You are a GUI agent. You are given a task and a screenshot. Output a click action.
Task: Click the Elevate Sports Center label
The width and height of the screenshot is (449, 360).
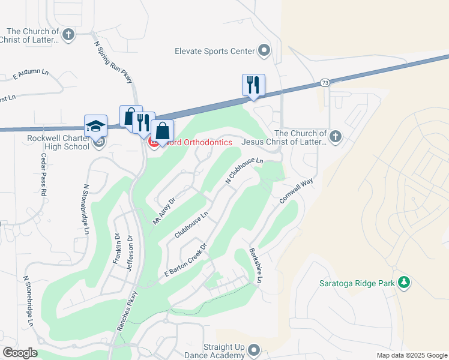(215, 51)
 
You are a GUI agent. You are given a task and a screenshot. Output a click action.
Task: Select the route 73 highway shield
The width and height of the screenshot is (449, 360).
(324, 82)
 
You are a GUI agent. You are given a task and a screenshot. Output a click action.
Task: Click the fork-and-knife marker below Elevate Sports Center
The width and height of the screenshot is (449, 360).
(253, 85)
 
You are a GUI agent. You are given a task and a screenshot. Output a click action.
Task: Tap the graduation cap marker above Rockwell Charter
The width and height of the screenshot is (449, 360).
(95, 125)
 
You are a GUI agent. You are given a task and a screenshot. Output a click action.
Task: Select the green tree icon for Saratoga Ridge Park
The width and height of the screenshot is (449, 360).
(405, 282)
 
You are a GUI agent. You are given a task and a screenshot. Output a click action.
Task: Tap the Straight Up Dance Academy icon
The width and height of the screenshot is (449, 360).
(254, 350)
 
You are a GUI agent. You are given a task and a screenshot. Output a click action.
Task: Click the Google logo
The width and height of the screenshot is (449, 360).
(19, 353)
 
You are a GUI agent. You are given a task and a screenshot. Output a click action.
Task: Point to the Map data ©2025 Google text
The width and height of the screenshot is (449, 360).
(412, 355)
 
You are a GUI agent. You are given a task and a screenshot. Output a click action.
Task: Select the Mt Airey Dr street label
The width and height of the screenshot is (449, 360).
(163, 211)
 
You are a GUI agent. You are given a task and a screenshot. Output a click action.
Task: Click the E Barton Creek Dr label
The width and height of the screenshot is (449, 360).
(185, 260)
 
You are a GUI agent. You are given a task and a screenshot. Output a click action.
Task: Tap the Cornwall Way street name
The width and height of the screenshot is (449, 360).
(297, 191)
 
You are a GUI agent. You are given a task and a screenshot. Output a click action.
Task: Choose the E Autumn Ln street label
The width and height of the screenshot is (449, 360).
(31, 73)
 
